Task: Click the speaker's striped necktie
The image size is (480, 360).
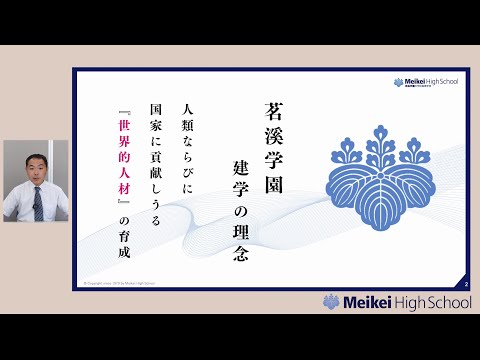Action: [x=36, y=205]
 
